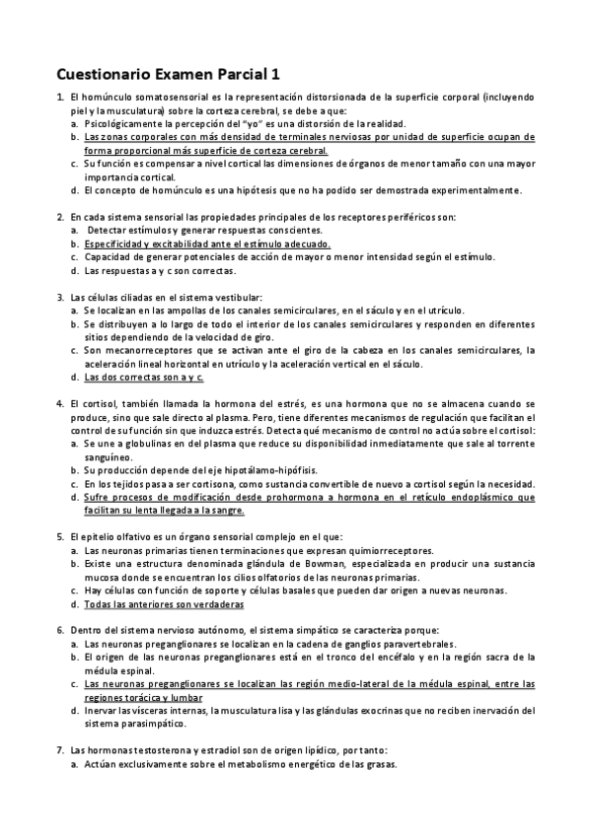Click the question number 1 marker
point(60,98)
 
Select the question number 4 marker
point(60,404)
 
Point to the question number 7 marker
point(60,750)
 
